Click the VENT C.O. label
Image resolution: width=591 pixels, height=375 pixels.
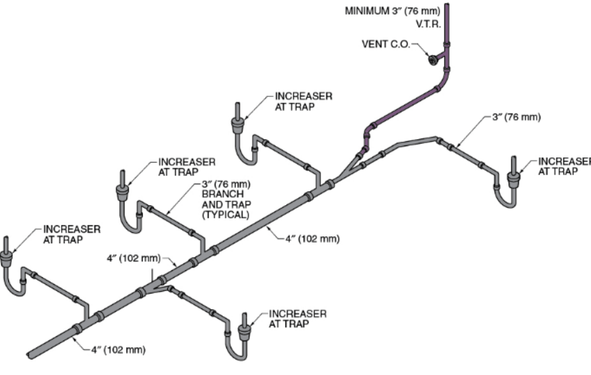tap(386, 44)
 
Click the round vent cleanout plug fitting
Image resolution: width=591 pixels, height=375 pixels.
tap(432, 60)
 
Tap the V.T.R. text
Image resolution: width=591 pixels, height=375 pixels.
tap(428, 24)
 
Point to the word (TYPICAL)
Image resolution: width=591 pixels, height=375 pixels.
tap(226, 215)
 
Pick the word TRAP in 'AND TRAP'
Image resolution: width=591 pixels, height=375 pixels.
tap(238, 204)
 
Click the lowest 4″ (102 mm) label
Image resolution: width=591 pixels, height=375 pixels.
tap(118, 350)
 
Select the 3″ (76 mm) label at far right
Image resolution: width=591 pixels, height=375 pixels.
tap(517, 117)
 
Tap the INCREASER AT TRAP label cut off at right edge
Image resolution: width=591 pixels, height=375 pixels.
tap(564, 166)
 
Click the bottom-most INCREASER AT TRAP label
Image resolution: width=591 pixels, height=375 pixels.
tap(297, 319)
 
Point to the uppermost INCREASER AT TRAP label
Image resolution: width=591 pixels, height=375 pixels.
tap(303, 102)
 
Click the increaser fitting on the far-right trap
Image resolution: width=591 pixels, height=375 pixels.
tap(513, 180)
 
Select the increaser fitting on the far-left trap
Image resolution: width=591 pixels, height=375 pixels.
tap(6, 259)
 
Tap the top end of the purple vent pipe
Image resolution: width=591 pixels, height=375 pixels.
tap(447, 5)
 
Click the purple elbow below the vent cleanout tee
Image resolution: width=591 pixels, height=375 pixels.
tap(444, 80)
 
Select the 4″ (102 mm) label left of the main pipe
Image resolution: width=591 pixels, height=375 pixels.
tap(133, 259)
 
